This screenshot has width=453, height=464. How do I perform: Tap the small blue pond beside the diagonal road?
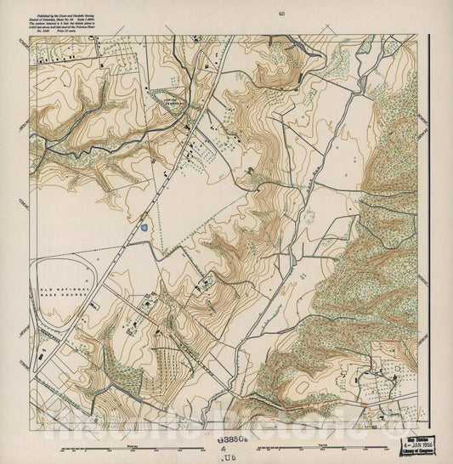[145, 228]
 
